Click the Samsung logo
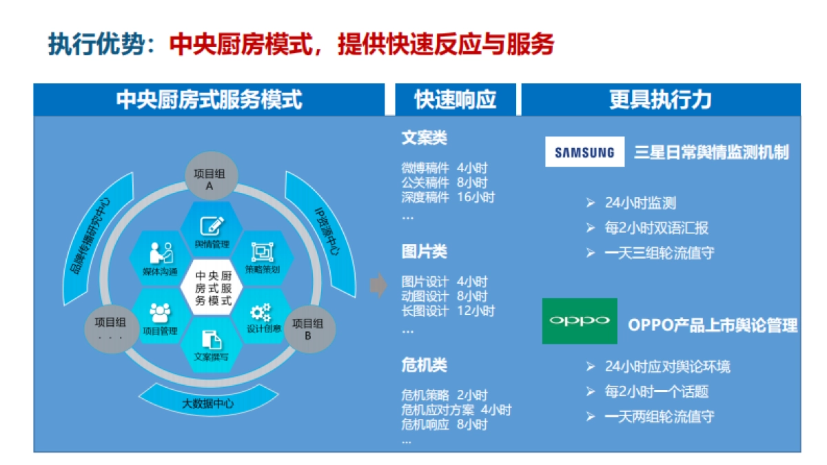584,152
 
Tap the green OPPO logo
580,321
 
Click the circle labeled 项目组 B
308,329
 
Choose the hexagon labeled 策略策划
263,258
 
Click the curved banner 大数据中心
207,402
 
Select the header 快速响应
455,100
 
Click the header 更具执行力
660,100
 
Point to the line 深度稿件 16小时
448,197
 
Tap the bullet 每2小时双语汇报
655,228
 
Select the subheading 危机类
424,365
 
